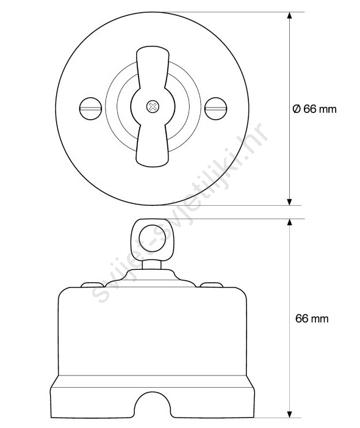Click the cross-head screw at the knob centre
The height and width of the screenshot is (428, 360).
[x=153, y=107]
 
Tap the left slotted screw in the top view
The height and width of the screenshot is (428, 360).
[x=91, y=109]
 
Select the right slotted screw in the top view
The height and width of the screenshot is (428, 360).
[x=216, y=109]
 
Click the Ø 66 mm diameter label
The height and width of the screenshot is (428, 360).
[x=314, y=109]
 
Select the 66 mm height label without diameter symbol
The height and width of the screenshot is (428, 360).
[x=312, y=319]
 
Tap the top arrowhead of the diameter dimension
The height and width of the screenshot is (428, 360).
[x=290, y=15]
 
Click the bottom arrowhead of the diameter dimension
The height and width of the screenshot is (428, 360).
[x=290, y=201]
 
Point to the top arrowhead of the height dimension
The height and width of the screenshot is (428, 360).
[x=290, y=222]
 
